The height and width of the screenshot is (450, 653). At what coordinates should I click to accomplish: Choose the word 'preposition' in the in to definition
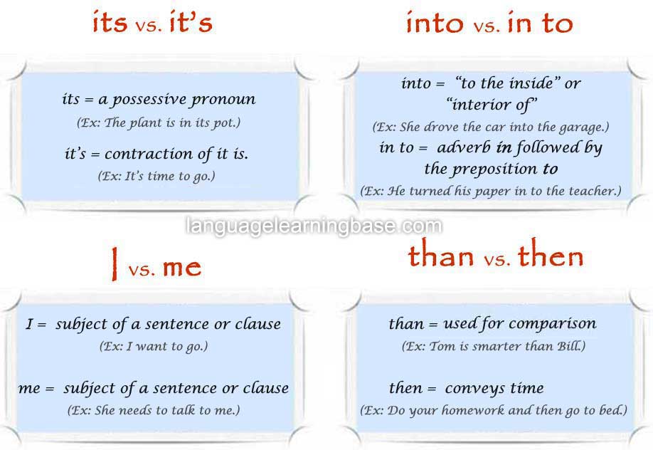pos(495,169)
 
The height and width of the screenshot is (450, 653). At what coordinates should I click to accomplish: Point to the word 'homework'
pos(472,410)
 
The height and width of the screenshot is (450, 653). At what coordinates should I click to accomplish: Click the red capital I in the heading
pos(114,263)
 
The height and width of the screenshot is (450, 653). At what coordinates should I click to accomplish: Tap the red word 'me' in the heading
pos(182,267)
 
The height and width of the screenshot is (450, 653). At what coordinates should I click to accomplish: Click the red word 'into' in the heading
pos(435,23)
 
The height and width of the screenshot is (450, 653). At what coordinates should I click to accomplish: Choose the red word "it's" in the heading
pos(191,22)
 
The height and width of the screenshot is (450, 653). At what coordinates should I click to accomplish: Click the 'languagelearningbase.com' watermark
pos(314,226)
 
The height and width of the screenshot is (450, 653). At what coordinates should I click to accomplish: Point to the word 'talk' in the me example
pos(182,409)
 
